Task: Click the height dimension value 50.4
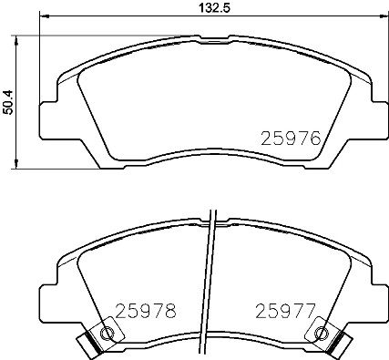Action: coord(8,101)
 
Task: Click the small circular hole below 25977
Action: coord(320,334)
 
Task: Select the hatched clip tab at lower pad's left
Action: coord(88,345)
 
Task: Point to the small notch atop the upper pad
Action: coord(212,36)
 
